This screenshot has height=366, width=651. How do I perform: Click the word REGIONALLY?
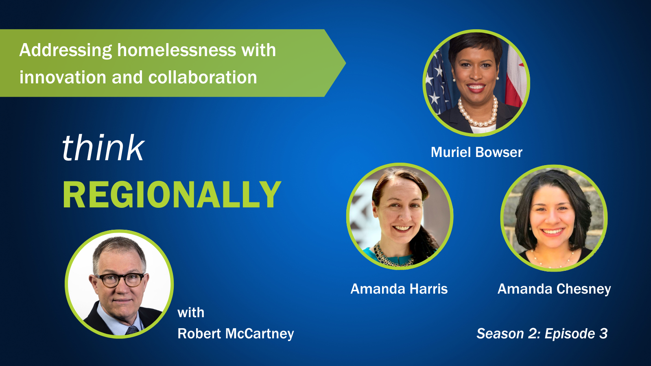click(172, 194)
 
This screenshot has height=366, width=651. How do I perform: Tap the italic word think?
click(103, 148)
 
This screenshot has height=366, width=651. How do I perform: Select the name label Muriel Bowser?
click(476, 152)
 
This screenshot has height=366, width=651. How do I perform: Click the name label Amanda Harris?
click(399, 289)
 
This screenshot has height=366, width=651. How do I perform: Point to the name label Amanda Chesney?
click(554, 289)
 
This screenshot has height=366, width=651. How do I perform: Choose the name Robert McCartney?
click(236, 334)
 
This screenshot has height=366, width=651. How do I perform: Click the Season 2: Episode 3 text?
click(542, 333)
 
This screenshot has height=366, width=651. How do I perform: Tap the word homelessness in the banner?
click(177, 50)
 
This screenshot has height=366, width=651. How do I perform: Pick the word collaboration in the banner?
click(203, 78)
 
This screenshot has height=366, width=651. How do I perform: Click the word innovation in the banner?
click(63, 78)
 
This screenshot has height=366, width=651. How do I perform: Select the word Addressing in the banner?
click(66, 51)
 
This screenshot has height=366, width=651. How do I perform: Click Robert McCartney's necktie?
click(132, 330)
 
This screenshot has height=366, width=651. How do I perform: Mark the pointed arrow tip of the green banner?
click(345, 63)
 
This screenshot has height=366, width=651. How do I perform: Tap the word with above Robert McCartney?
click(191, 313)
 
